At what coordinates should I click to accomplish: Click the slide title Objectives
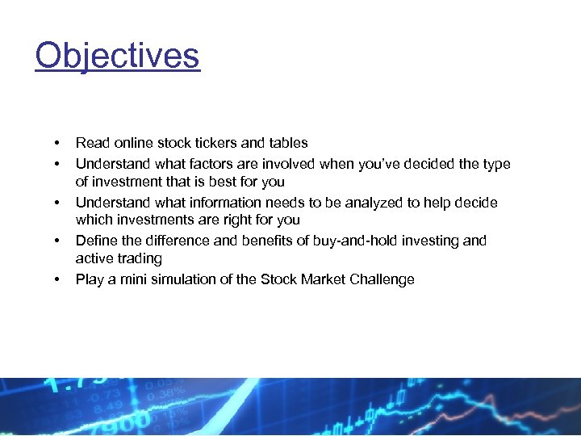[117, 56]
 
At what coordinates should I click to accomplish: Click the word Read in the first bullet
[92, 143]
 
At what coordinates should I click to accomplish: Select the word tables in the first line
[288, 143]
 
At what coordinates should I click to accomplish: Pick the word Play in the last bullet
[90, 279]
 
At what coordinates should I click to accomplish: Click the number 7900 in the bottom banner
[120, 422]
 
